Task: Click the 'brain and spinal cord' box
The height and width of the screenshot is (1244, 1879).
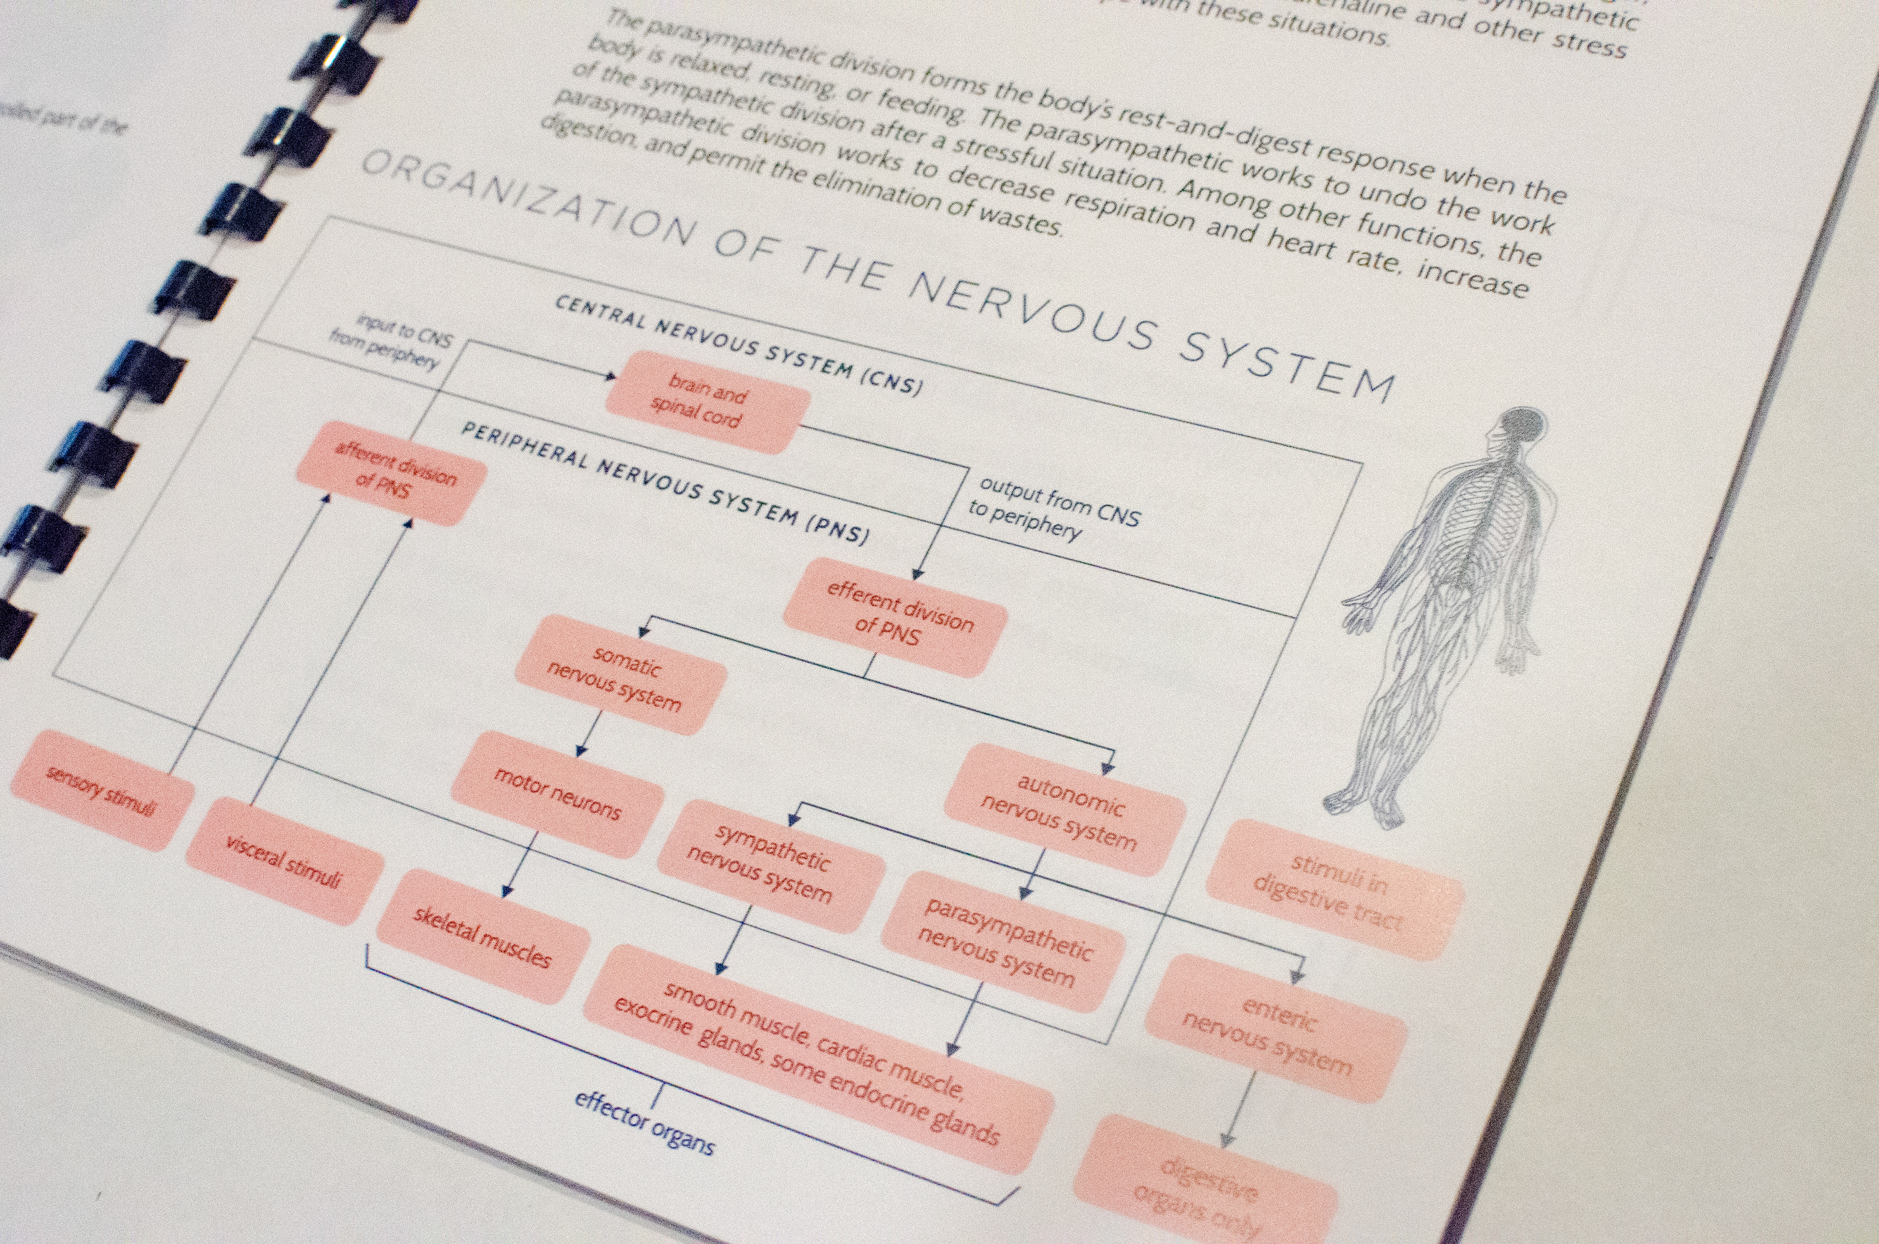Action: (706, 402)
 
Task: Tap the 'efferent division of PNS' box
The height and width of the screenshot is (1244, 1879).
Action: (895, 616)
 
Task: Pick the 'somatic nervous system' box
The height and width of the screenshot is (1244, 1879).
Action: (620, 675)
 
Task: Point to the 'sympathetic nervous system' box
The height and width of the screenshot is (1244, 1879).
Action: (770, 865)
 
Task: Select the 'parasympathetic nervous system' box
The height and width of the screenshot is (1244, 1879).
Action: (1003, 942)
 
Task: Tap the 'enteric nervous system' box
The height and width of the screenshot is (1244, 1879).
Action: (1274, 1028)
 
